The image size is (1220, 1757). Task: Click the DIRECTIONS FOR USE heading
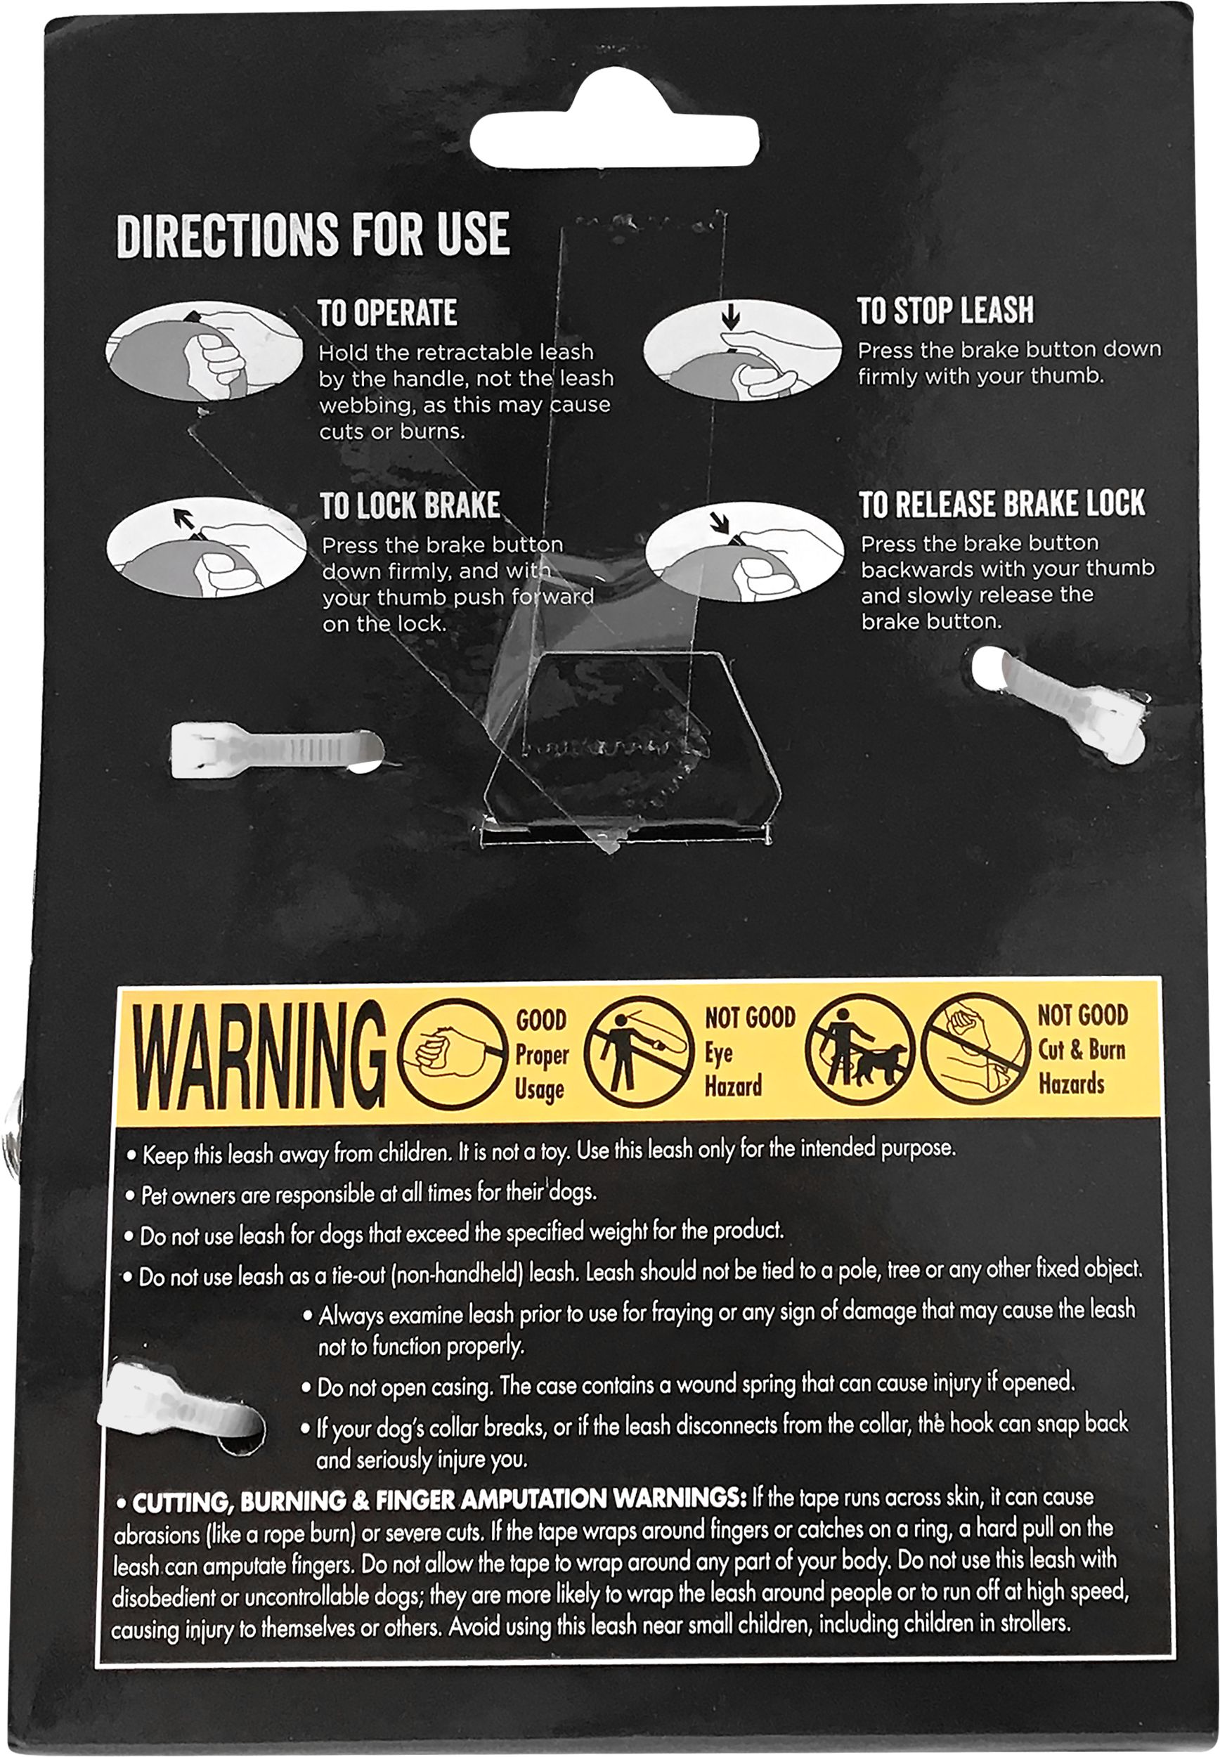(313, 235)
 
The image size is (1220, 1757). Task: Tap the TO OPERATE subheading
(387, 313)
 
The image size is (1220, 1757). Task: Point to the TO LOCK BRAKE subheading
(410, 506)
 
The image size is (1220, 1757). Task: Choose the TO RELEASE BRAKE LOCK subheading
(1002, 504)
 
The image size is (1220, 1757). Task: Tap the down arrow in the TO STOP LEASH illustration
(732, 315)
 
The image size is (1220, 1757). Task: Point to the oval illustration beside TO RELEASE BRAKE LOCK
(744, 551)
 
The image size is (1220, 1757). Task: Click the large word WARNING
(259, 1057)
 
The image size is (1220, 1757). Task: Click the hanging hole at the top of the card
(615, 129)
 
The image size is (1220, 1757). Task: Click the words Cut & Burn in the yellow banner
(1082, 1049)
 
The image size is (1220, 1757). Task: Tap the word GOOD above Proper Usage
(541, 1020)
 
